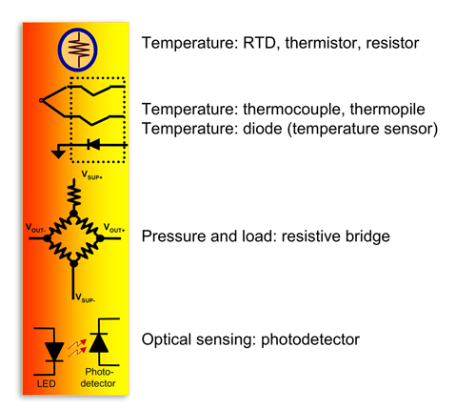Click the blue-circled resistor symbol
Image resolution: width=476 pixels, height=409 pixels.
pos(78,50)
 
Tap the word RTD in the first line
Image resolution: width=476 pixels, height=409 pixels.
pos(259,43)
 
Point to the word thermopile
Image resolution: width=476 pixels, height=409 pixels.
pos(387,110)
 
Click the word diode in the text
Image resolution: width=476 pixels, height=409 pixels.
pos(263,129)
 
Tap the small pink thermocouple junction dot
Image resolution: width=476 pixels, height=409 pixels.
pos(41,100)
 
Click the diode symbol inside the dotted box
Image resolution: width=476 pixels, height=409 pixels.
pos(94,145)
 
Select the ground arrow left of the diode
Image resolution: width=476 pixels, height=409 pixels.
pos(58,152)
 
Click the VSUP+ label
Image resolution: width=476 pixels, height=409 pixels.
pos(92,175)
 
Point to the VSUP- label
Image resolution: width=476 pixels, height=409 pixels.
pos(85,298)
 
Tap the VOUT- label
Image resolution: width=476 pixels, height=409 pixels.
pos(35,228)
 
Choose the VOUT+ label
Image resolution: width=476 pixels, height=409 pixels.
pos(114,228)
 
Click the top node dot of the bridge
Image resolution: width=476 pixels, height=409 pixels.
pos(73,214)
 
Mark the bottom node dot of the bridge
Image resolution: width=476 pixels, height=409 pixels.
pos(73,263)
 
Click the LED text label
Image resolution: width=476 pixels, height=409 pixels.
pos(47,384)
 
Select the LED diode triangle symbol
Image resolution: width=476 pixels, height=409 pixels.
pos(54,352)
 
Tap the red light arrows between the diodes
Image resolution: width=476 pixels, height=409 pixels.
pos(77,348)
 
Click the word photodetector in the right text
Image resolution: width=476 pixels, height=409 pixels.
pos(310,339)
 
